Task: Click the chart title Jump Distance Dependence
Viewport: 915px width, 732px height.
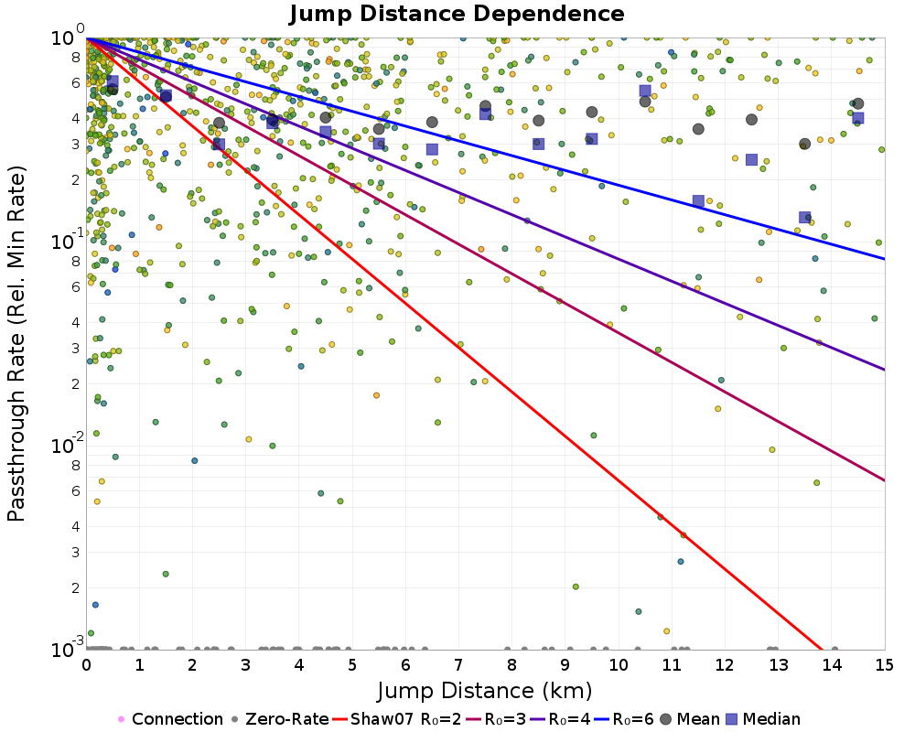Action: [457, 14]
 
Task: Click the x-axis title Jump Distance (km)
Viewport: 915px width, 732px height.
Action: [485, 689]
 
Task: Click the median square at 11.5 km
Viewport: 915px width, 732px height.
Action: [698, 201]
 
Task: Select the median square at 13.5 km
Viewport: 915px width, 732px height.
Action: [804, 218]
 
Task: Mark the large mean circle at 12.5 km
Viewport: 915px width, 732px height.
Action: [751, 120]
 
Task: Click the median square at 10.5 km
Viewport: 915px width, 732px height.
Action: [645, 91]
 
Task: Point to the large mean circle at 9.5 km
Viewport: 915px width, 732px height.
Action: [592, 113]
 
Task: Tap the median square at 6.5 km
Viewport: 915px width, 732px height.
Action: [432, 149]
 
